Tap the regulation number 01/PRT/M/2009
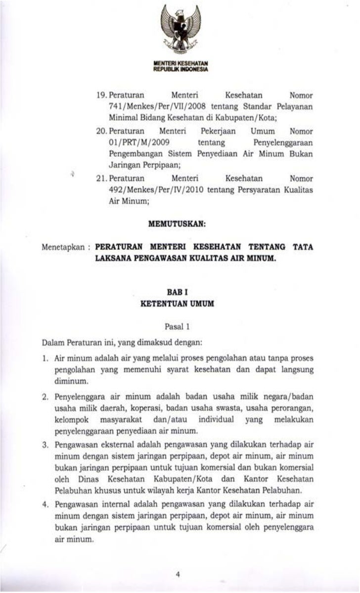(x=132, y=142)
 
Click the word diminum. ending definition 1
(x=71, y=381)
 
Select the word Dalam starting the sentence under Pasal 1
(x=51, y=342)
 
